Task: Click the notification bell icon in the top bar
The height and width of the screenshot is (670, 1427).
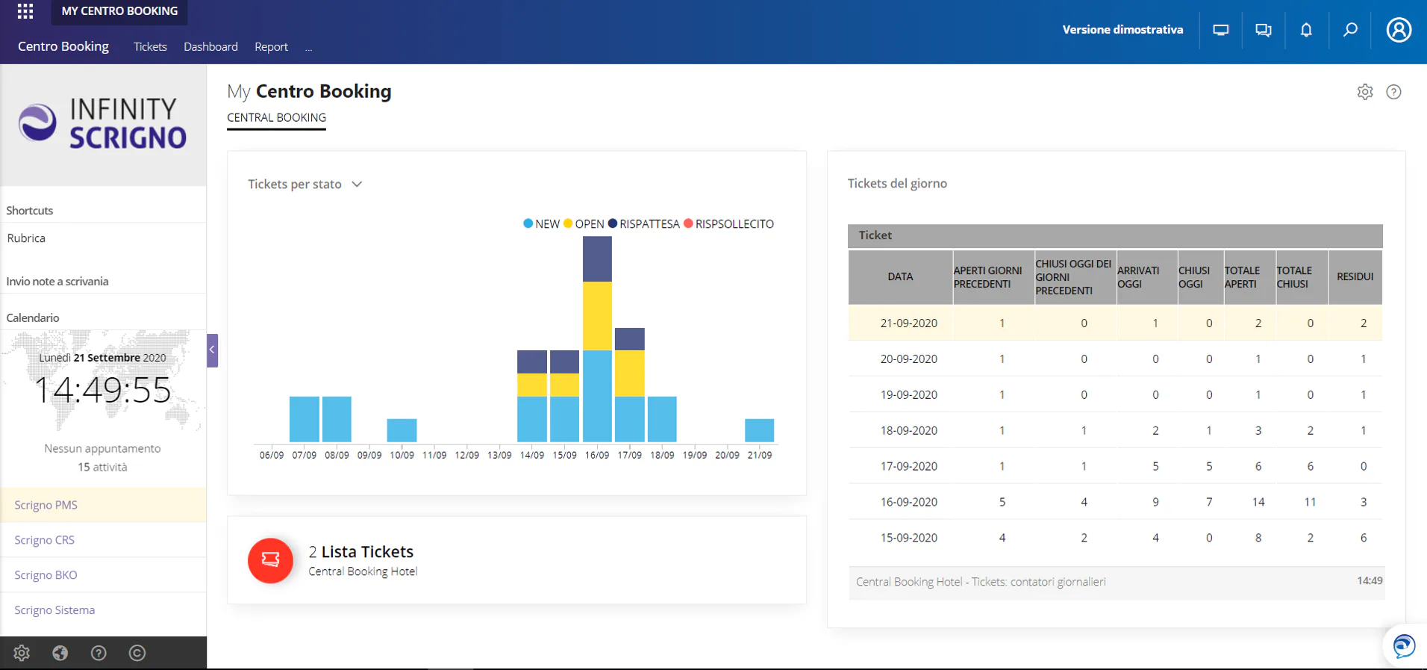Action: [1306, 30]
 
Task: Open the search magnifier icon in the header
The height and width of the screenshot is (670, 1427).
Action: [1350, 30]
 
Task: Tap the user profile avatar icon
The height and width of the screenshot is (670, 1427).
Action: [1399, 30]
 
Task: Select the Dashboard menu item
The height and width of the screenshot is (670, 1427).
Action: [210, 46]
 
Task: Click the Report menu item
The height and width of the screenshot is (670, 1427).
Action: [271, 46]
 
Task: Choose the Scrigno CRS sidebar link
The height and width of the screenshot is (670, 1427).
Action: [45, 539]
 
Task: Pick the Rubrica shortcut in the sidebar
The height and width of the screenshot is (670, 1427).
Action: [26, 238]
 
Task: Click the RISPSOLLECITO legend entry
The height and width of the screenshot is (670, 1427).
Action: [728, 224]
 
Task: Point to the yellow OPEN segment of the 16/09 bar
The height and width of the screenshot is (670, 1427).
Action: [597, 316]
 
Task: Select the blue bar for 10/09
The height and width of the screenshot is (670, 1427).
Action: [402, 430]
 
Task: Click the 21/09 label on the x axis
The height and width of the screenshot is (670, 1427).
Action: [760, 455]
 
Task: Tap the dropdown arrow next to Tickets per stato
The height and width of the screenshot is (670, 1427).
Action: [357, 184]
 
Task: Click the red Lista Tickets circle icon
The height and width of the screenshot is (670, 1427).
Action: [270, 560]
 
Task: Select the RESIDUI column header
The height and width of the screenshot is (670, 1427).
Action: [1355, 276]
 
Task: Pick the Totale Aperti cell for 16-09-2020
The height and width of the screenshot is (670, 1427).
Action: [1258, 502]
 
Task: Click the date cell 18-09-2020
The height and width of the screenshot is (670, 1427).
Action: [909, 430]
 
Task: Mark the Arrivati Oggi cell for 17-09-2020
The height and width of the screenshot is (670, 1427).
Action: [1155, 466]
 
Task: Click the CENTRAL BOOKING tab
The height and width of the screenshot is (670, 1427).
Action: [276, 118]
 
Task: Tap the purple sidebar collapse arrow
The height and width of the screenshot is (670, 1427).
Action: [213, 350]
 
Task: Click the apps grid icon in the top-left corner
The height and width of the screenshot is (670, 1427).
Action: [25, 11]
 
